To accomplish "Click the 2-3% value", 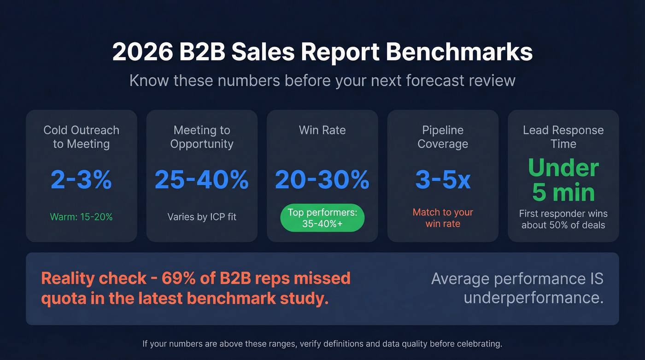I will [81, 179].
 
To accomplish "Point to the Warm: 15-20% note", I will [81, 217].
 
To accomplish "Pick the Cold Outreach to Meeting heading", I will [81, 137].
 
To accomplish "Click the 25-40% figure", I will [202, 179].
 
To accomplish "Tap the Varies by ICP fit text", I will [202, 217].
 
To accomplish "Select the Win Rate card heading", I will [322, 130].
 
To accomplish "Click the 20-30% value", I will [322, 179].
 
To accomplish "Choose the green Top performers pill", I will [322, 218].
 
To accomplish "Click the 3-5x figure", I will [443, 179].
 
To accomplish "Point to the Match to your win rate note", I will [443, 218].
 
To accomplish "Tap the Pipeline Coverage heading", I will [443, 137].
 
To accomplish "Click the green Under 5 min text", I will [563, 180].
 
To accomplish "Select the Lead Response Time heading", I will [563, 137].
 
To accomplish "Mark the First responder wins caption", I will [563, 219].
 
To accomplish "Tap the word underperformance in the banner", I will [533, 298].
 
